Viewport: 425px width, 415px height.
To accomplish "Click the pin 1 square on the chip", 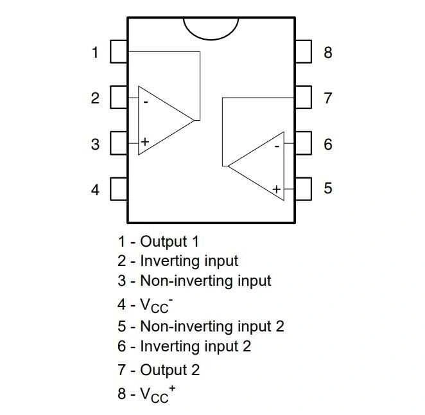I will tap(119, 51).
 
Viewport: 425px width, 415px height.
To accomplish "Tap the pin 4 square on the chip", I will tap(119, 189).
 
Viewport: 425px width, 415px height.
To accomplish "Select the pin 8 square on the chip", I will tap(303, 51).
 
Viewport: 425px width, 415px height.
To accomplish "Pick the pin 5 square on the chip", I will tap(303, 188).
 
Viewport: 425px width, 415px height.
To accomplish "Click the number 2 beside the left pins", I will tap(95, 98).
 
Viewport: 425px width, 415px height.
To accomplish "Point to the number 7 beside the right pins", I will tap(327, 98).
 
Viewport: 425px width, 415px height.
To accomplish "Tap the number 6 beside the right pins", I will tap(327, 144).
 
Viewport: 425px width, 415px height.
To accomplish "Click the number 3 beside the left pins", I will tap(95, 145).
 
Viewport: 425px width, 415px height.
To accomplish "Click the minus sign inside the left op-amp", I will tap(146, 101).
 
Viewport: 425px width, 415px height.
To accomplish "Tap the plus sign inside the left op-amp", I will tap(145, 141).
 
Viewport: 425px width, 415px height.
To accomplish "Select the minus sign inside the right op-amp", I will tap(277, 146).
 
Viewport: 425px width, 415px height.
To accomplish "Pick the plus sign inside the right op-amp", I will tap(276, 189).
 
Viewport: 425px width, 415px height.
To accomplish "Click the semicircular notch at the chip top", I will tap(211, 27).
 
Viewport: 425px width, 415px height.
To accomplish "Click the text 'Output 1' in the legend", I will tap(169, 242).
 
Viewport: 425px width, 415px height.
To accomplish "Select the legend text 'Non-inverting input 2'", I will tap(212, 326).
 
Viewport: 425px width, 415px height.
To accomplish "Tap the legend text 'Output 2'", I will tap(170, 369).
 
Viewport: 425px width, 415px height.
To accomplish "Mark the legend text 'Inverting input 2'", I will tap(195, 346).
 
